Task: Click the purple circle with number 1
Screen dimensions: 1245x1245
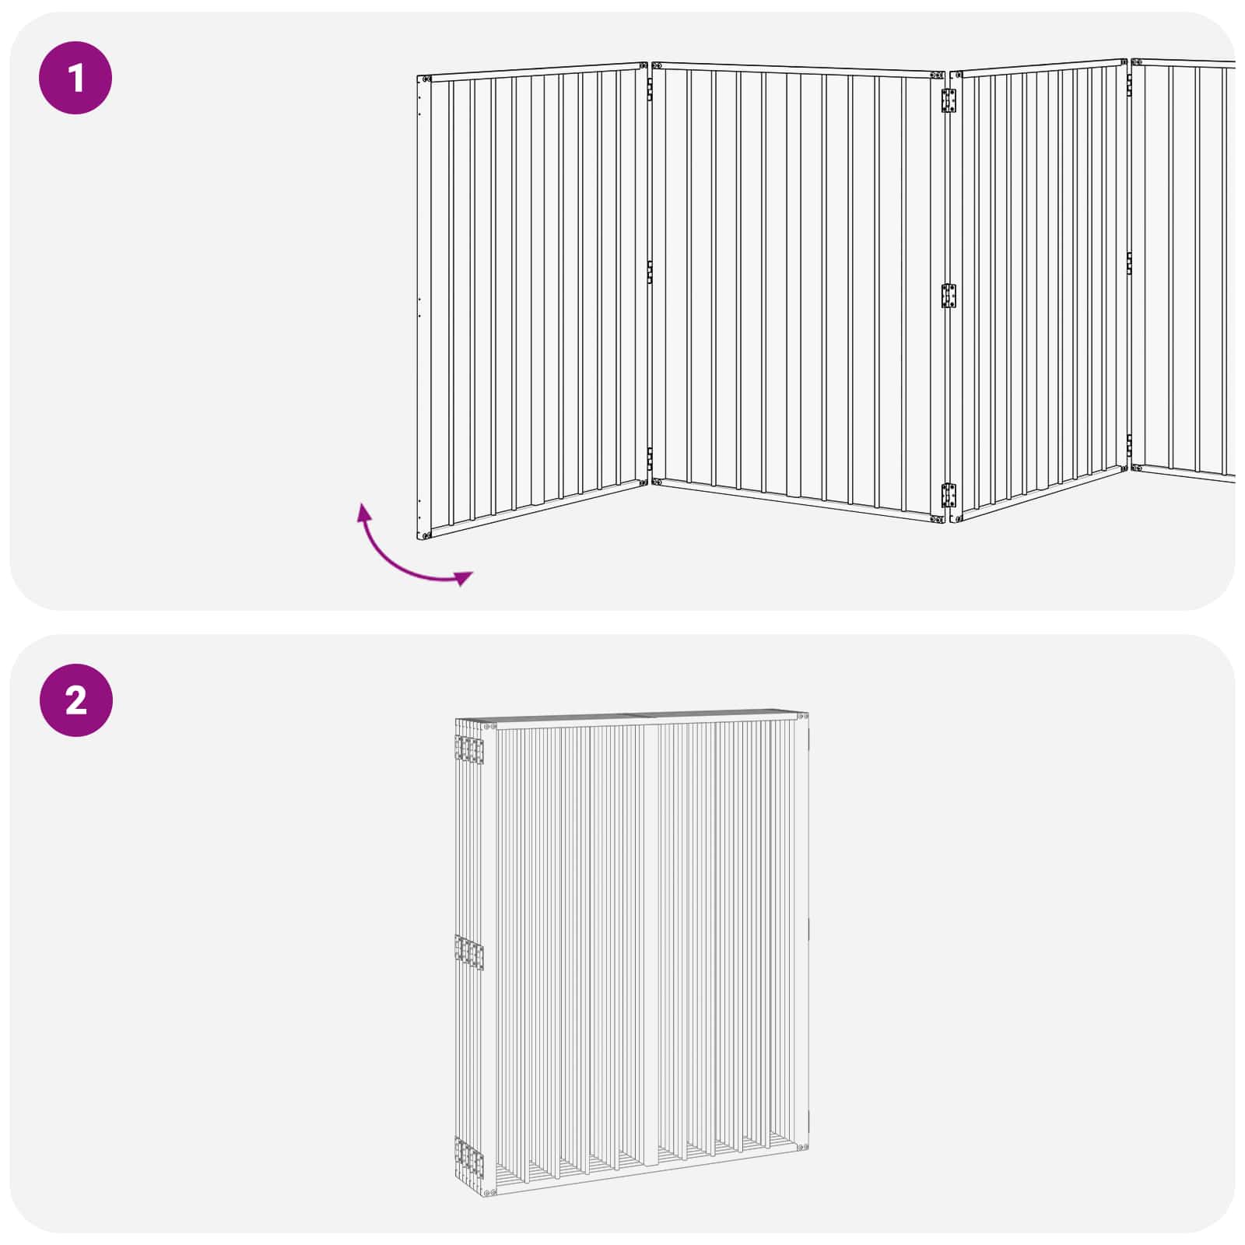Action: (75, 78)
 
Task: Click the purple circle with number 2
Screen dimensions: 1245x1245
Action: (75, 700)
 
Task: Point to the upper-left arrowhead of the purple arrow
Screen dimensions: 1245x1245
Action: (363, 511)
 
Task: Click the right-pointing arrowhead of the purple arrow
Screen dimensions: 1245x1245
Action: (465, 577)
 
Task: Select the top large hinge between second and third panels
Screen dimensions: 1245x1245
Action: (949, 101)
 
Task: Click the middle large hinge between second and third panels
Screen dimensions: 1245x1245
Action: (949, 296)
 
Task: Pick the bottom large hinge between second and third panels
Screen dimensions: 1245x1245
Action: (949, 495)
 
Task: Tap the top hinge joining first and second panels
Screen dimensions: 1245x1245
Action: (650, 91)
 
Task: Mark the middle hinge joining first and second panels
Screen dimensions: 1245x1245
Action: (650, 272)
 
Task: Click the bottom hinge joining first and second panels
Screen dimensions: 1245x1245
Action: (650, 458)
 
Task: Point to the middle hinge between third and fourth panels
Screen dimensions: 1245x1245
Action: (1130, 263)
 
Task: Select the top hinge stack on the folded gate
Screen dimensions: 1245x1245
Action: (469, 750)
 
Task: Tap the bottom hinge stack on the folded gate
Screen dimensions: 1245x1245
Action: (469, 1155)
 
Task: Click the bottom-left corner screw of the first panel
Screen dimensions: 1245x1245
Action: (426, 535)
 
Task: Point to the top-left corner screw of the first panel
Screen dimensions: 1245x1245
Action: (426, 79)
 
